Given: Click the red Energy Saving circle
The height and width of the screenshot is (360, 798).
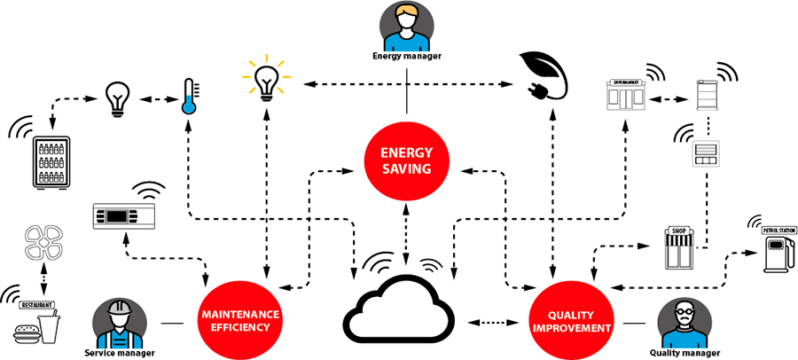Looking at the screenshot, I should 406,160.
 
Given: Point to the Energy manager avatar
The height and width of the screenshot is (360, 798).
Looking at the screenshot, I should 405,27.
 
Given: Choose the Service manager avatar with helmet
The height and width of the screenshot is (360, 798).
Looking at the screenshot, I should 119,321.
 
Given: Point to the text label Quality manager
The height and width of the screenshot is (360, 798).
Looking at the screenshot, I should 685,353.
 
